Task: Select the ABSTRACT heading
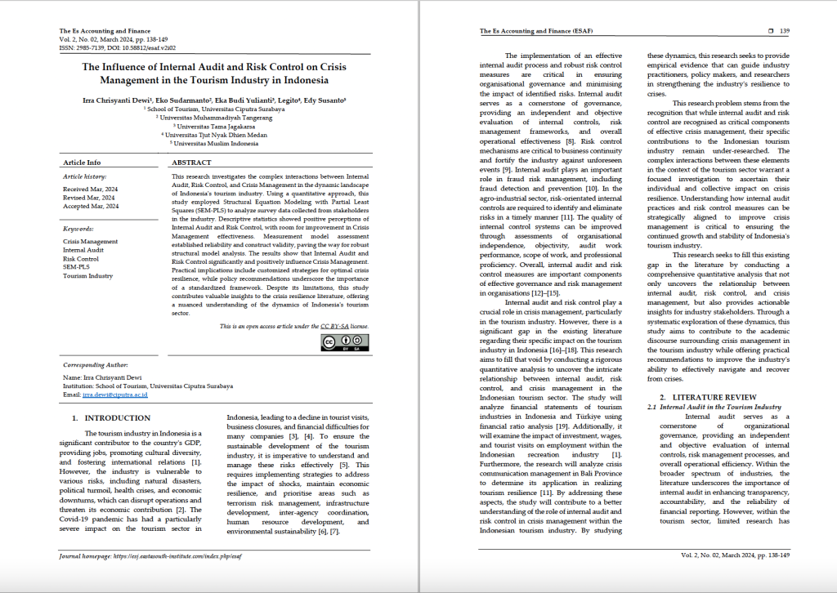[192, 163]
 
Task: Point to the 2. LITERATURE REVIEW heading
[702, 396]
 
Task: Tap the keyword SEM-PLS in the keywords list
[77, 267]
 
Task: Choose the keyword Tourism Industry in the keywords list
[88, 275]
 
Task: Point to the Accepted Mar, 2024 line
[91, 206]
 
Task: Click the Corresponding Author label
[94, 365]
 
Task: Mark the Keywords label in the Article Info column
[78, 229]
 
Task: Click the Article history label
[85, 176]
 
